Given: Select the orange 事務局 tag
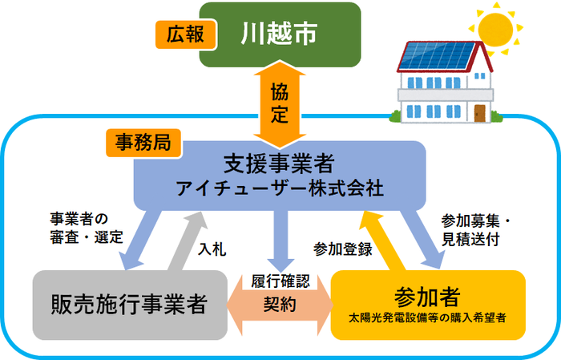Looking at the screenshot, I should click(x=142, y=144).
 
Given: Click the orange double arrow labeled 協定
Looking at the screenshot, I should click(x=280, y=103).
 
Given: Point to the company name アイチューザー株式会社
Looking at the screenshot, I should click(x=280, y=189).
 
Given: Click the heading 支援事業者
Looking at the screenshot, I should click(x=280, y=164).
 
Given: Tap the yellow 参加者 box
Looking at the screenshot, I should click(x=428, y=304).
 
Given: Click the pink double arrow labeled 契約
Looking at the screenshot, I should click(x=280, y=305).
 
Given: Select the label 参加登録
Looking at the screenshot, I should click(x=343, y=249).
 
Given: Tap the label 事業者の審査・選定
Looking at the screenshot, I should click(x=87, y=228).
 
